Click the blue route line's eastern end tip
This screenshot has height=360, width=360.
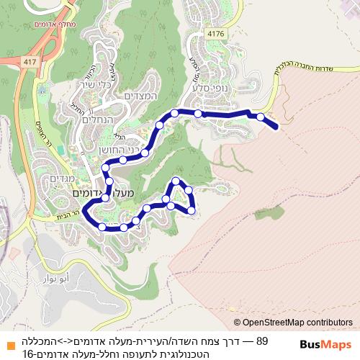click(276, 127)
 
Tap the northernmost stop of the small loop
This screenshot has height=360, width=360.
click(176, 180)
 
